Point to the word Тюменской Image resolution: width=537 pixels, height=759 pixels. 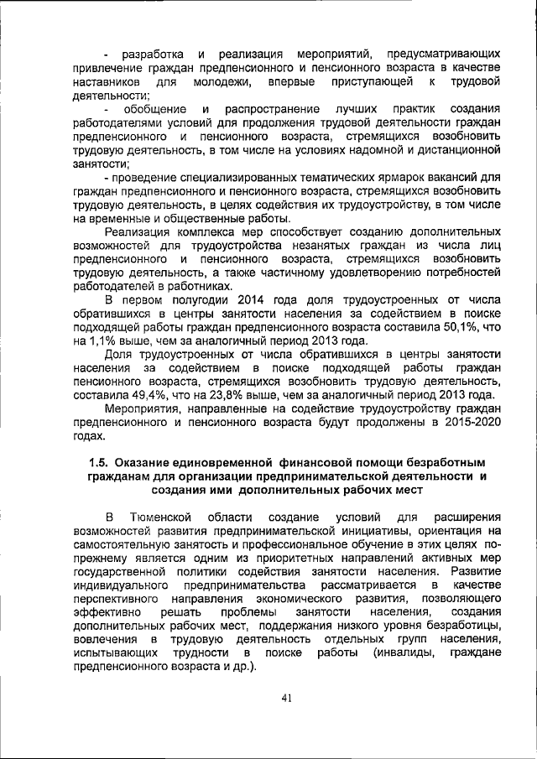[163, 517]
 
